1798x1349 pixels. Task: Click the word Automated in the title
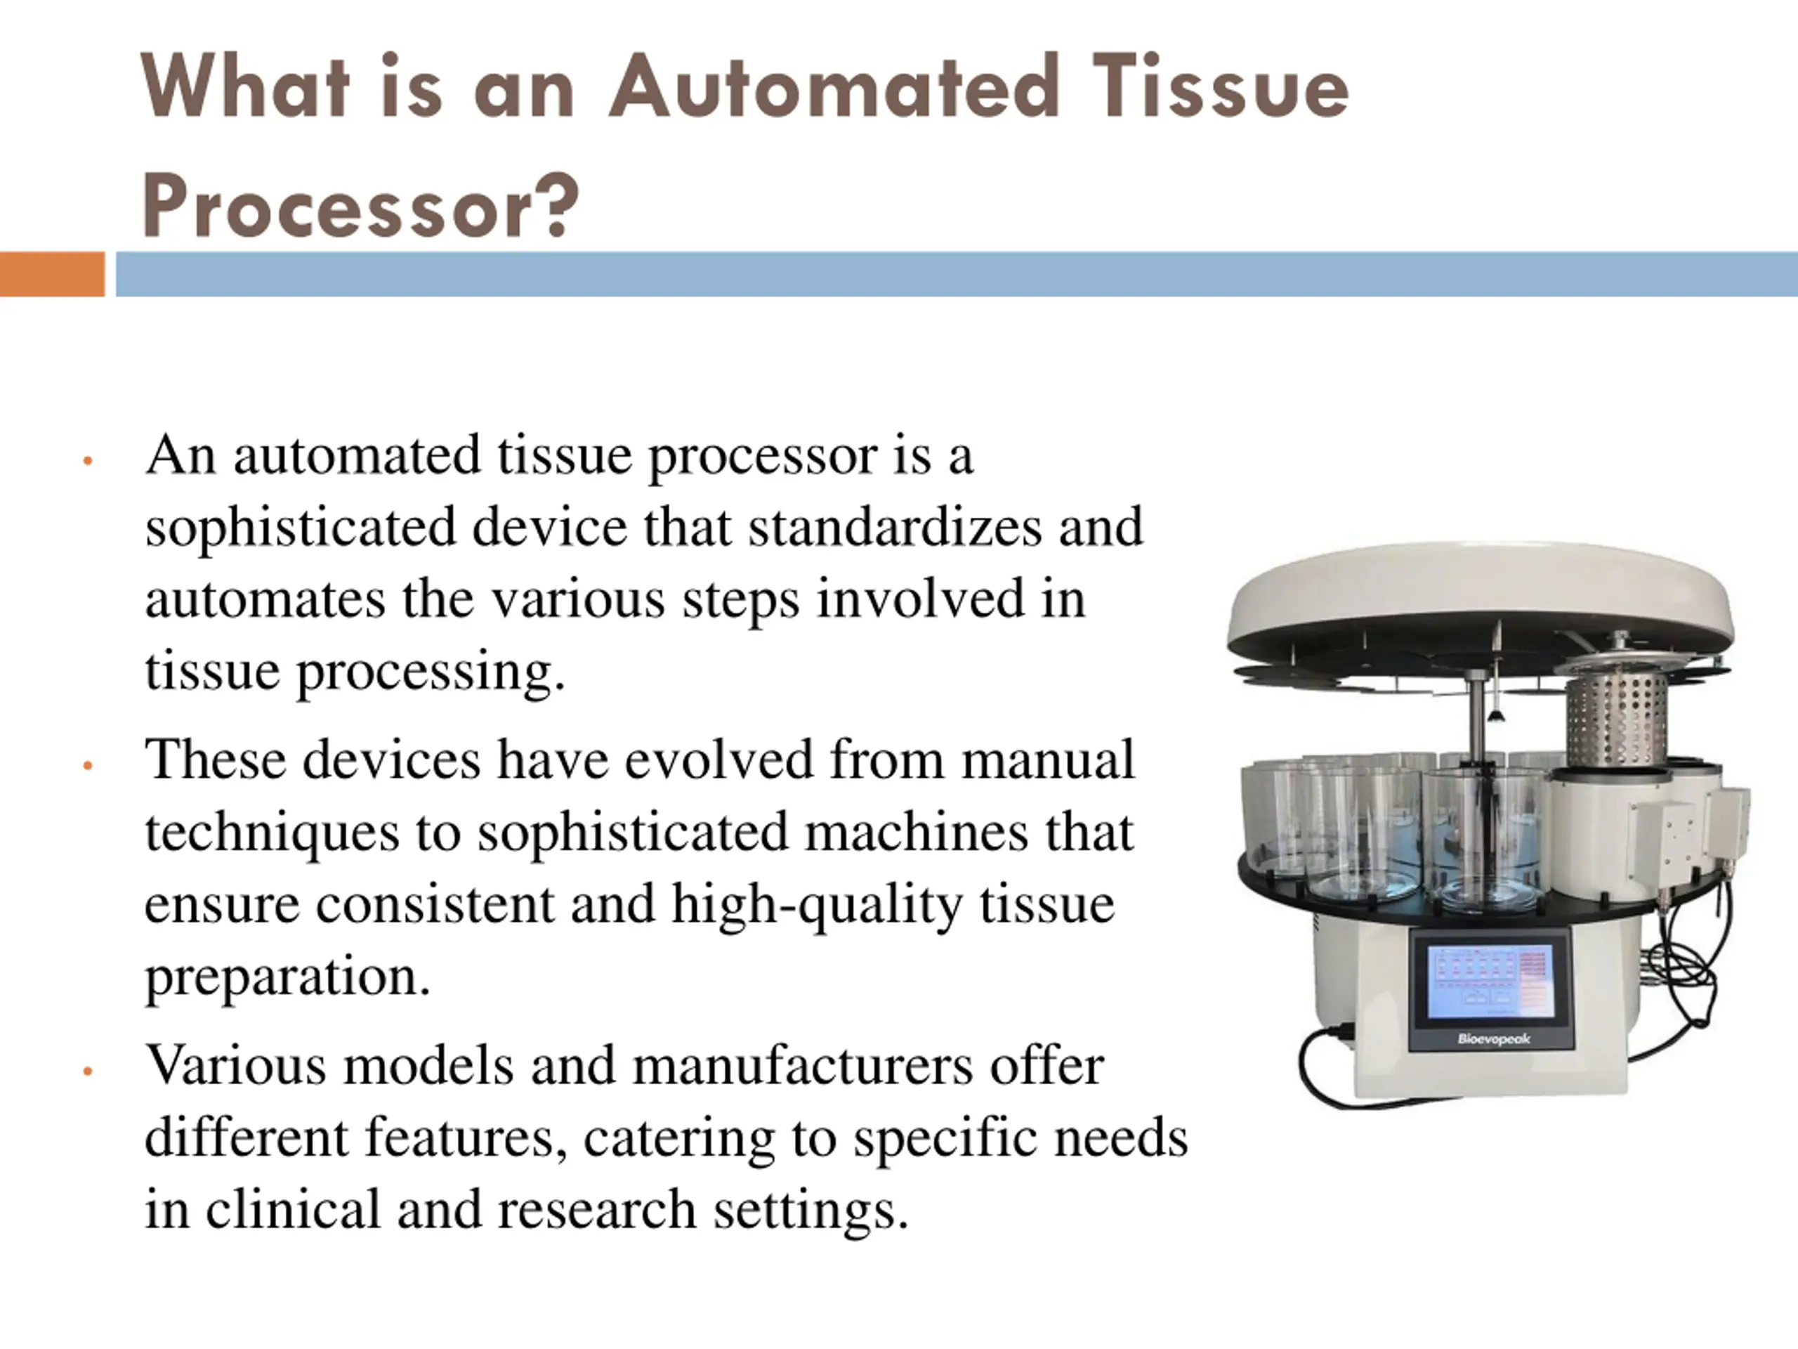click(x=833, y=87)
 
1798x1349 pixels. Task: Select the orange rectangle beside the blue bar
click(x=52, y=274)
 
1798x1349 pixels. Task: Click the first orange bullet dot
click(x=88, y=461)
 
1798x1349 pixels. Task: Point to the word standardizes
click(x=894, y=527)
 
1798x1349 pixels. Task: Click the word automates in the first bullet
click(x=264, y=599)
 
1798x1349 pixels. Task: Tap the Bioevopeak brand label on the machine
click(x=1493, y=1038)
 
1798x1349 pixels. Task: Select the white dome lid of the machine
click(x=1479, y=594)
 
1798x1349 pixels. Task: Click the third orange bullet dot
click(x=88, y=1071)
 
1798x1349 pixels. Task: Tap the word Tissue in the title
click(x=1219, y=87)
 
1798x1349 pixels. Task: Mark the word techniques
click(x=272, y=832)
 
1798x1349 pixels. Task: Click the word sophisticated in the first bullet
click(x=300, y=527)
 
